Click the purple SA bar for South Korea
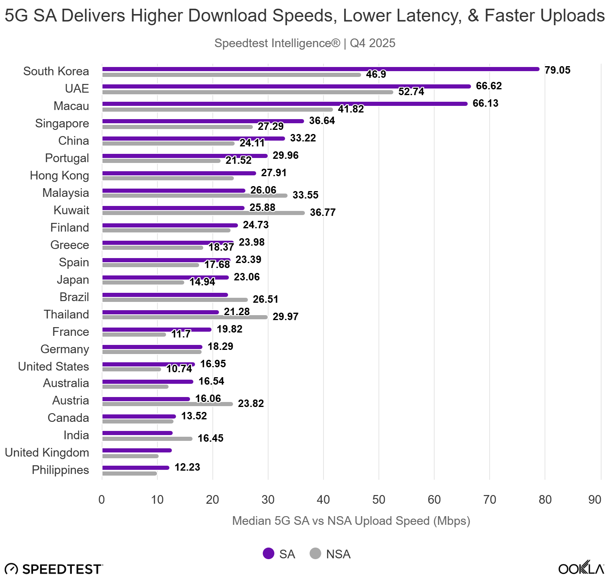(321, 69)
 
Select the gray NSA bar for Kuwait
(203, 213)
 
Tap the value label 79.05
(557, 70)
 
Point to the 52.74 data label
(411, 92)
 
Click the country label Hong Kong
(59, 175)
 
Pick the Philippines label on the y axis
(60, 470)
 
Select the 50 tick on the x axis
(379, 500)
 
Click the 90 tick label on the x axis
(595, 500)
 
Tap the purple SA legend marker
(269, 553)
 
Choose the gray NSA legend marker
(315, 553)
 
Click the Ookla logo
(581, 568)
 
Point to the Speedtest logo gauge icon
(11, 569)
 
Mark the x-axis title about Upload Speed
(351, 521)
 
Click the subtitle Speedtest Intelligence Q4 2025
(305, 43)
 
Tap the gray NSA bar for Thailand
(185, 317)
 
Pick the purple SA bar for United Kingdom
(137, 450)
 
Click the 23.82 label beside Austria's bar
(251, 403)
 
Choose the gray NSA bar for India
(147, 439)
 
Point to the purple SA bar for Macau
(285, 104)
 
